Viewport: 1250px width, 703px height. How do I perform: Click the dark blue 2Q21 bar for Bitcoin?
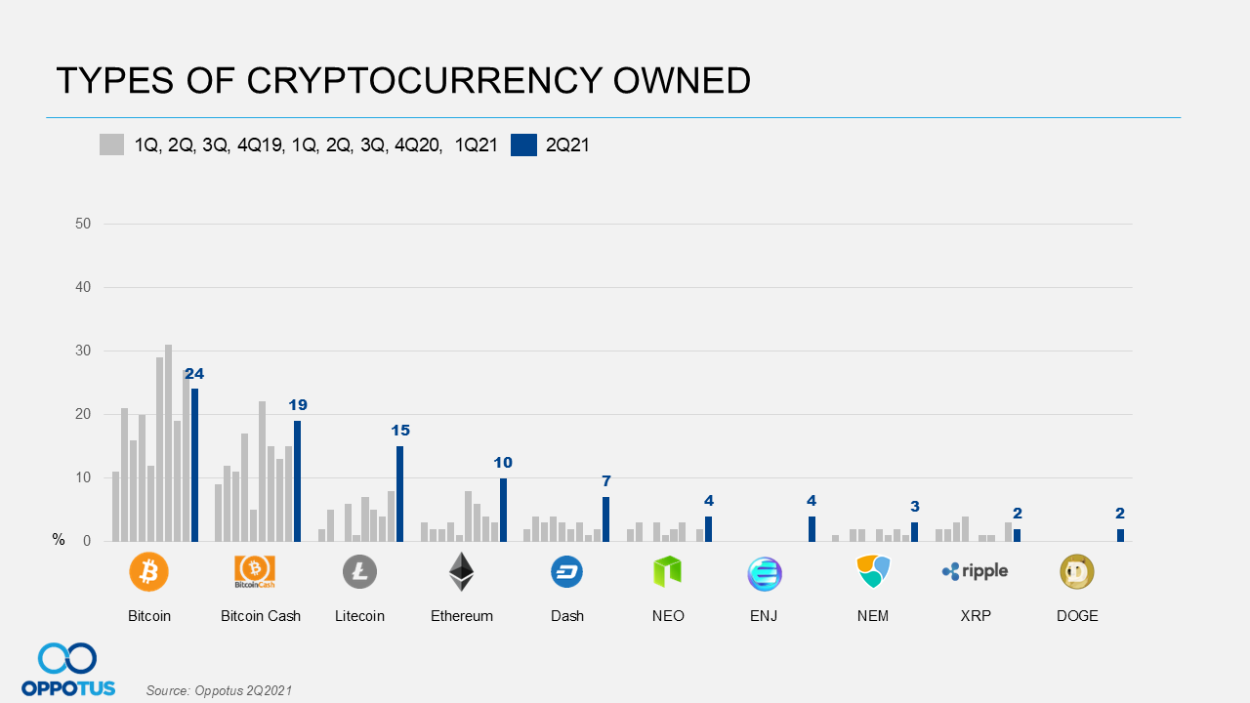[x=195, y=465]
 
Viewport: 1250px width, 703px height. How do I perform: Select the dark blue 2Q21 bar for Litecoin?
[x=399, y=493]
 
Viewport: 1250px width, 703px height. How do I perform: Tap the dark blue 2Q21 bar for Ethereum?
[x=503, y=509]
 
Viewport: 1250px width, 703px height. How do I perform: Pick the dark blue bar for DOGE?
[x=1120, y=535]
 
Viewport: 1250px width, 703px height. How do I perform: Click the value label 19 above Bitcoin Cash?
[x=298, y=404]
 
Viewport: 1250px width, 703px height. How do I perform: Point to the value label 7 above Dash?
[x=605, y=480]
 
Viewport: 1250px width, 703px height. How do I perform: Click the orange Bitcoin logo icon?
[x=148, y=572]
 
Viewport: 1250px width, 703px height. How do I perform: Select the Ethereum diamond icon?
[x=461, y=572]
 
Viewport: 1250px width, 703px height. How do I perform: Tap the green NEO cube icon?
[x=667, y=572]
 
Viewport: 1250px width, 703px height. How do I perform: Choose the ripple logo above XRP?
[x=975, y=571]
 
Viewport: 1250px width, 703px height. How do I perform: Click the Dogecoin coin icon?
[x=1077, y=572]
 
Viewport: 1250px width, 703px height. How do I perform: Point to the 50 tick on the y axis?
[x=83, y=224]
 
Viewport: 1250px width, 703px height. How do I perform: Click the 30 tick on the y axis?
[x=83, y=351]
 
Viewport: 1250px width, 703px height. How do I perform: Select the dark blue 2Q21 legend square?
[x=523, y=145]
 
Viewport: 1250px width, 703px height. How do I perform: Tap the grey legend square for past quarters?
[x=111, y=145]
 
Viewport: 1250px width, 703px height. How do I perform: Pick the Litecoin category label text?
[x=359, y=616]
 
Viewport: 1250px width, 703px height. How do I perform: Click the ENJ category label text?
[x=764, y=616]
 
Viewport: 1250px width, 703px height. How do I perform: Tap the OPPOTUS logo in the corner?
[x=68, y=670]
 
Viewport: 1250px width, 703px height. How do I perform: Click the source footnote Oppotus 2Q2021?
[x=219, y=690]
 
